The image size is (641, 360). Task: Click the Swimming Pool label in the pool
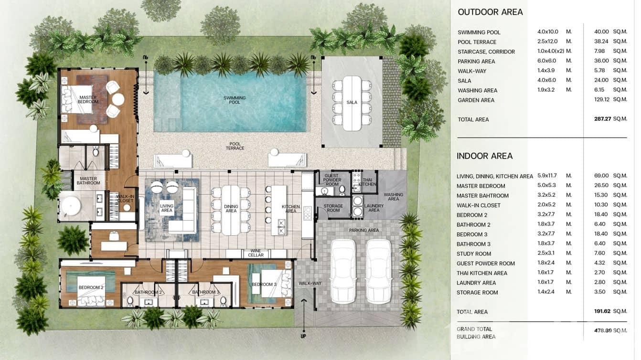click(235, 100)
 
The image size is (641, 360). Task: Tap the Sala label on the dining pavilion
click(352, 102)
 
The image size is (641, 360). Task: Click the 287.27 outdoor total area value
click(602, 119)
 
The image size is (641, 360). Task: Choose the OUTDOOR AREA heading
click(490, 12)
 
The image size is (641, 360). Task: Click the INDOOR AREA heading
click(484, 156)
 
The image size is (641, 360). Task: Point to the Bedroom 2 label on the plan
click(91, 287)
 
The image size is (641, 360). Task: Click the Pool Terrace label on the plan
click(235, 146)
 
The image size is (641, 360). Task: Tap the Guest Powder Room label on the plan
click(331, 180)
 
